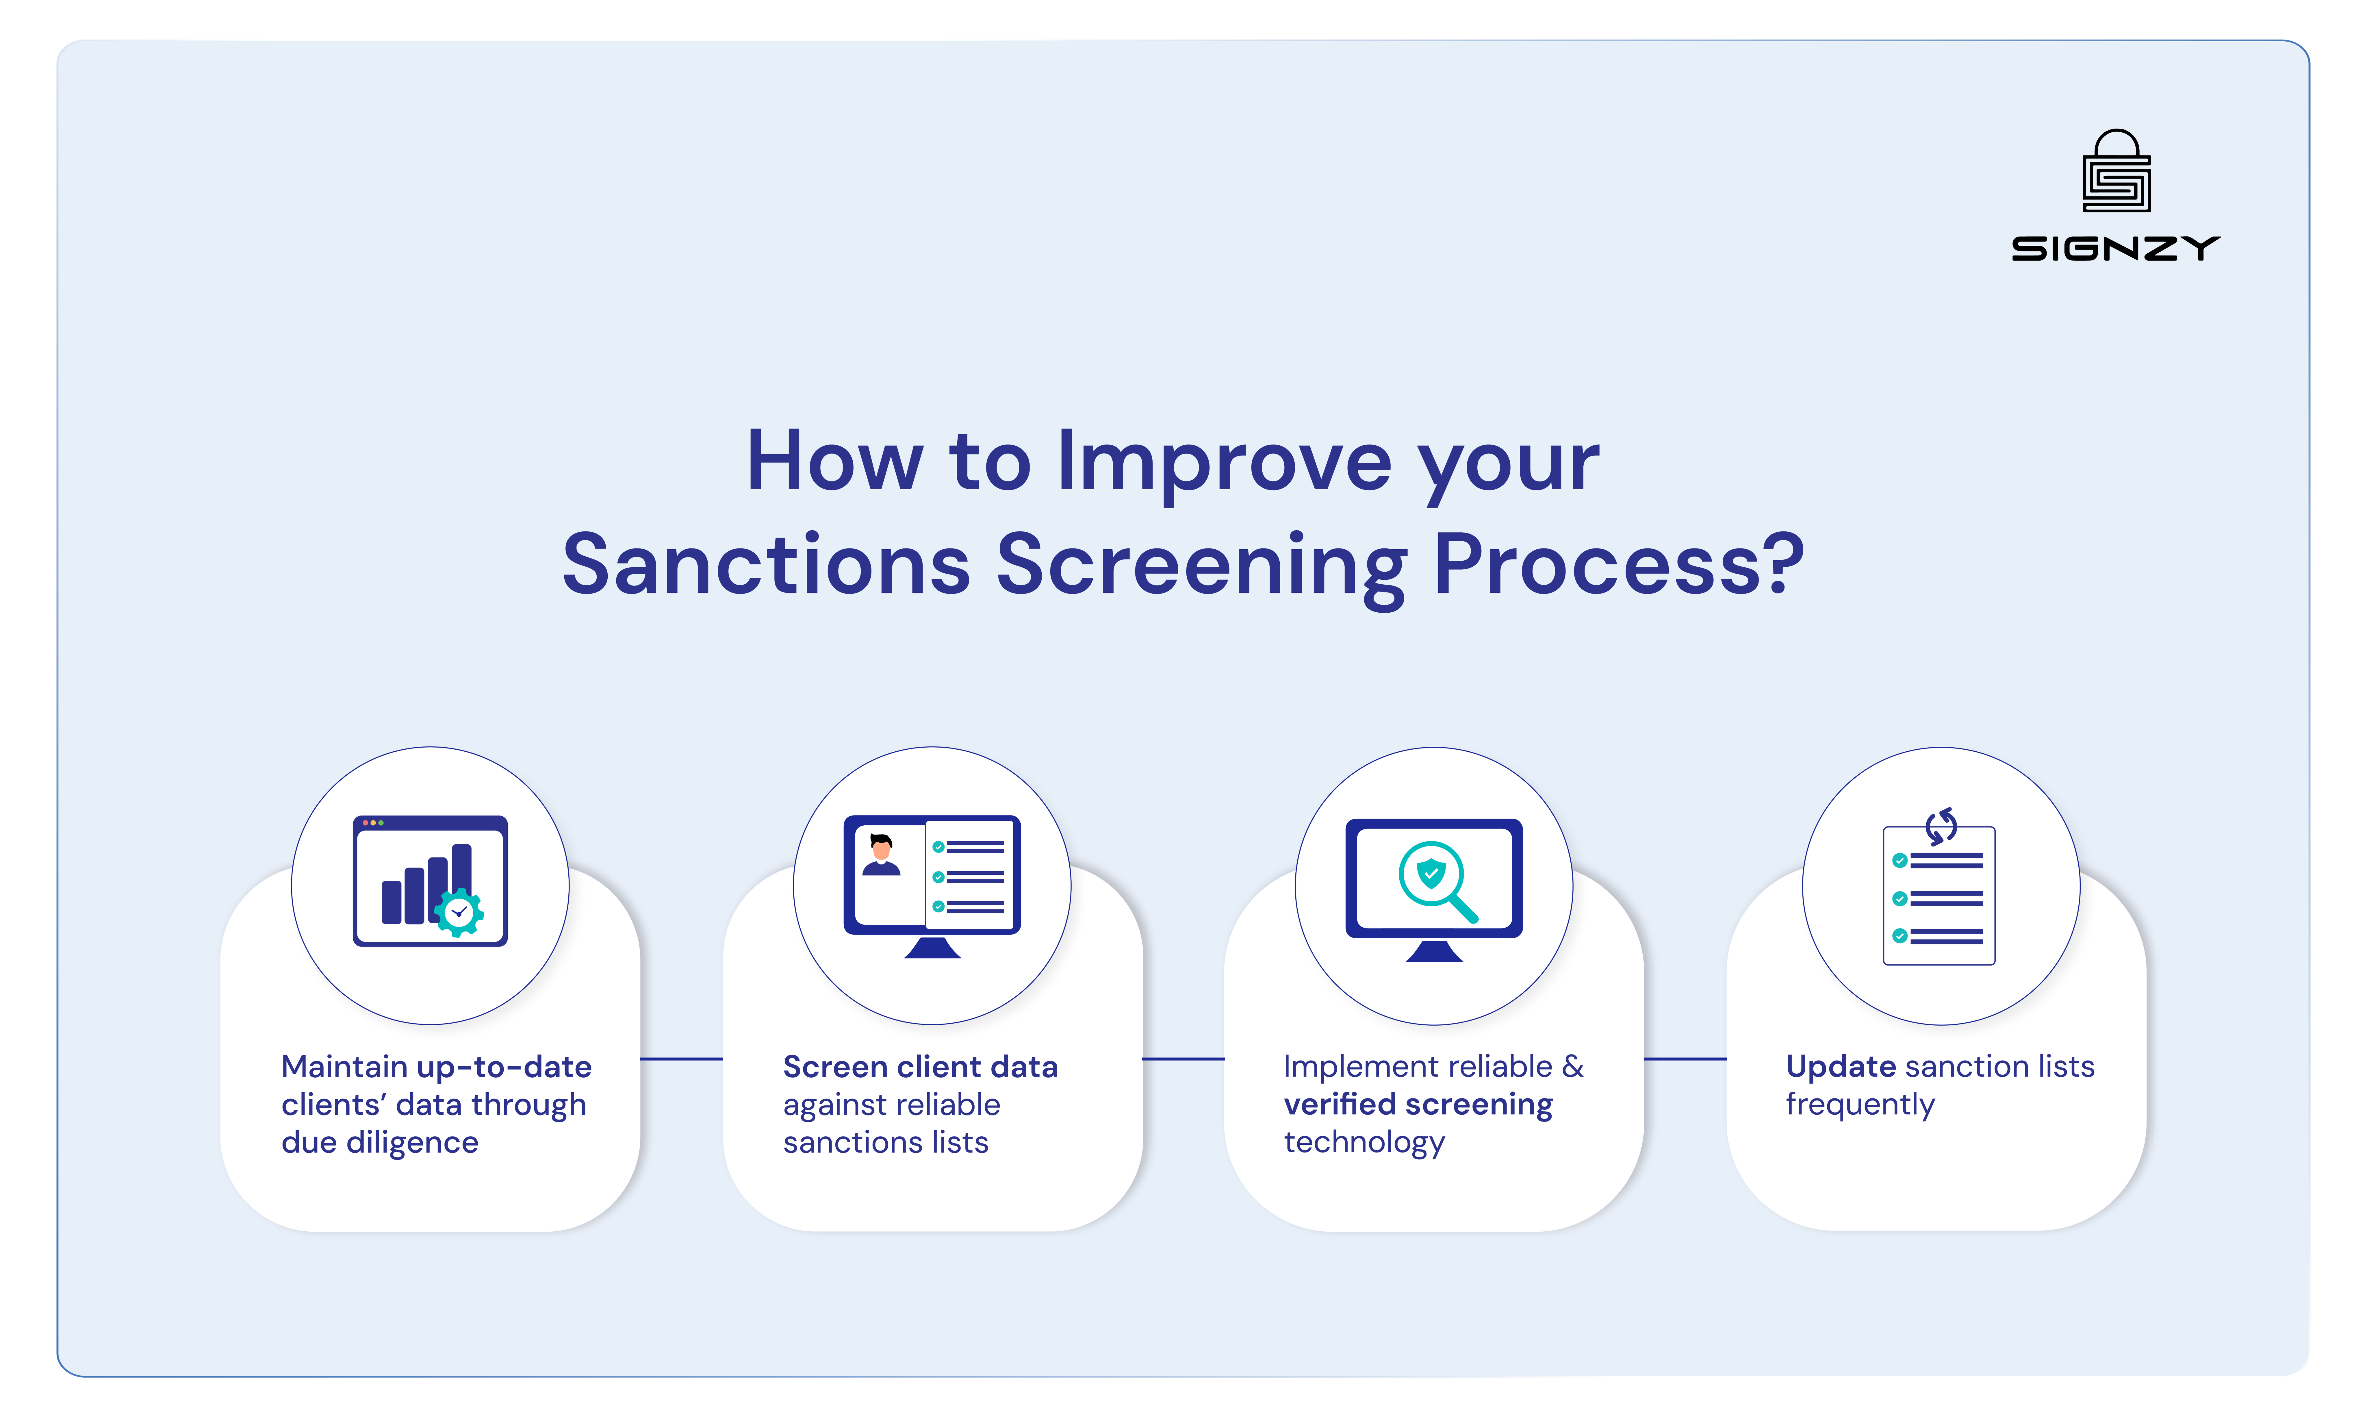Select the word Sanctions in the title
click(x=766, y=565)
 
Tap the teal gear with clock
click(x=459, y=912)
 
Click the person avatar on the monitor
click(x=881, y=855)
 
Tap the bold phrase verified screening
click(x=1418, y=1104)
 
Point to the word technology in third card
click(x=1364, y=1143)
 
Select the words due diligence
click(x=379, y=1143)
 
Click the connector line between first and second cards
click(x=681, y=1059)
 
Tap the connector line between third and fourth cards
click(x=1685, y=1059)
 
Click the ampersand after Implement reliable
click(x=1572, y=1067)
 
